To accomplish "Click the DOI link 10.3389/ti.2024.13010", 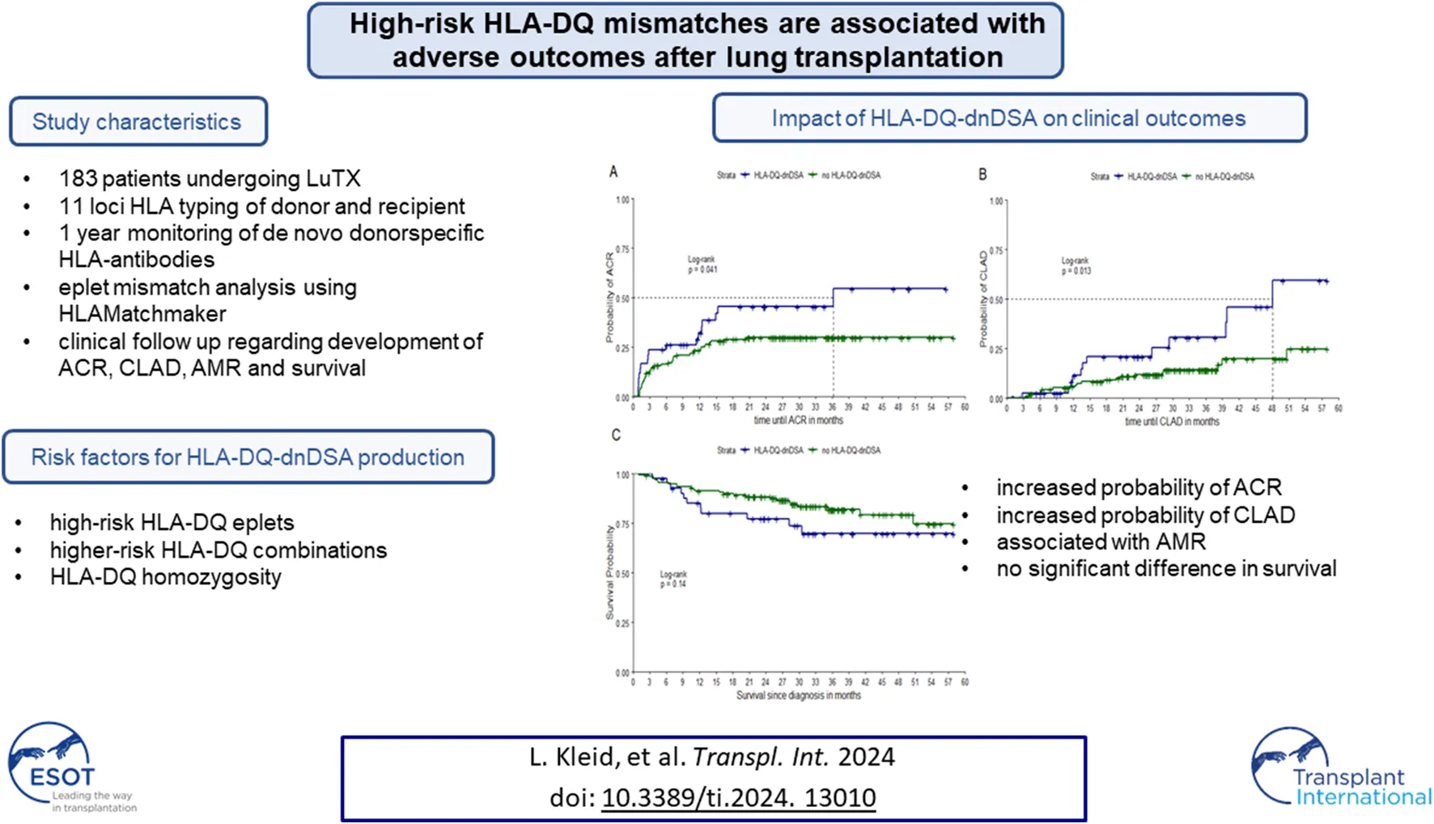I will tap(738, 798).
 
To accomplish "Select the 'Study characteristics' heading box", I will tap(138, 122).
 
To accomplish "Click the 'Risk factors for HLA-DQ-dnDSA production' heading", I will tap(248, 457).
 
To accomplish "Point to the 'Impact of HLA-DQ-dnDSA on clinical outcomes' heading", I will tap(1008, 118).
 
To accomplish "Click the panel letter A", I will tap(613, 172).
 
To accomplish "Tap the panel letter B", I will tap(982, 174).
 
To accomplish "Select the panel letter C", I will tap(616, 435).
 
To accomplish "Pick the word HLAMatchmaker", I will tap(142, 314).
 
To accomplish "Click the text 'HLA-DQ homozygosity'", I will tap(166, 577).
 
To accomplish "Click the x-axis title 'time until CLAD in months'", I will tap(1172, 422).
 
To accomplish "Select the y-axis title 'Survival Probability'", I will tap(610, 572).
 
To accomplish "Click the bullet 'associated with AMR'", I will tap(1101, 542).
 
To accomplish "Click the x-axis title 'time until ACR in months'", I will tap(798, 420).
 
